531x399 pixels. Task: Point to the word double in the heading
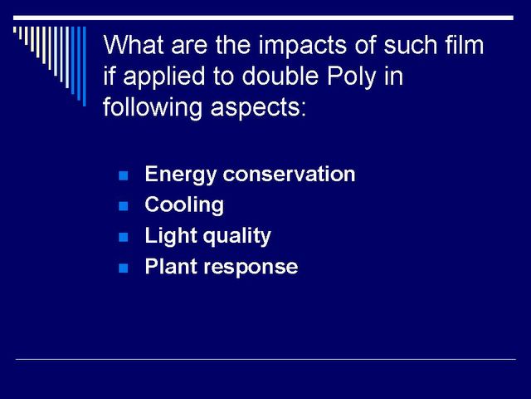click(280, 76)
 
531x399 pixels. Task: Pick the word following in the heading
click(153, 107)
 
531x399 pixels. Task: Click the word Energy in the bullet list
click(181, 175)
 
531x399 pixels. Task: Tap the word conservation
click(289, 174)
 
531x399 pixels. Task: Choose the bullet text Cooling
click(184, 205)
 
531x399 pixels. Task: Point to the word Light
click(171, 236)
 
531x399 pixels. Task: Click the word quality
click(237, 236)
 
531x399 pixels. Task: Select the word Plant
click(171, 266)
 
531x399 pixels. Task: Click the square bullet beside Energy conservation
click(124, 175)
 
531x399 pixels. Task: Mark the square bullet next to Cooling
click(124, 206)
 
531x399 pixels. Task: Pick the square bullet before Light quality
click(124, 237)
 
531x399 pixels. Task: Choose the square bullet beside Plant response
click(124, 268)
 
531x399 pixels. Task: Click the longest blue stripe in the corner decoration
click(85, 66)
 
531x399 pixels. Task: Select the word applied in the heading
click(164, 76)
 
